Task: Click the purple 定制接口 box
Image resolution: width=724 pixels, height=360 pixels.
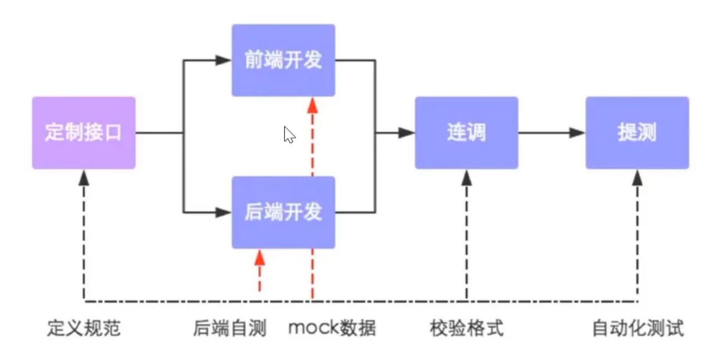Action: [83, 133]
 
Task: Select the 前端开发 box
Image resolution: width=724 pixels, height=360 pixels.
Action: [283, 60]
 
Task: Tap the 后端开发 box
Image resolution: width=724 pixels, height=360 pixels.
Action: [283, 212]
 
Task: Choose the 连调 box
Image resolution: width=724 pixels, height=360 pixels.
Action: [466, 133]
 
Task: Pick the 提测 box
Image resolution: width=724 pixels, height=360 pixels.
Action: [637, 133]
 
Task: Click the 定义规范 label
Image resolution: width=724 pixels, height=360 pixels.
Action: [83, 329]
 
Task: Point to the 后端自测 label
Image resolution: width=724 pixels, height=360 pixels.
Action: [230, 329]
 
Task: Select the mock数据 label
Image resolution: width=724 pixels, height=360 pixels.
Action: [332, 328]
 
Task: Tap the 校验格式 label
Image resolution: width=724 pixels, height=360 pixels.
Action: [466, 329]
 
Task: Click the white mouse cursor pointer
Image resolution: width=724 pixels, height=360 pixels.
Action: [289, 135]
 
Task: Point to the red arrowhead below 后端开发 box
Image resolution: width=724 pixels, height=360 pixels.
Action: [259, 257]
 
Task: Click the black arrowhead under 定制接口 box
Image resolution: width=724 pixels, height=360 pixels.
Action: [84, 178]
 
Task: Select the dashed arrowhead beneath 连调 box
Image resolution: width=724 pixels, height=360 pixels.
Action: [467, 178]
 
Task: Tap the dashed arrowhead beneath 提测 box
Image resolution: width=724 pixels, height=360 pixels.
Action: [637, 178]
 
